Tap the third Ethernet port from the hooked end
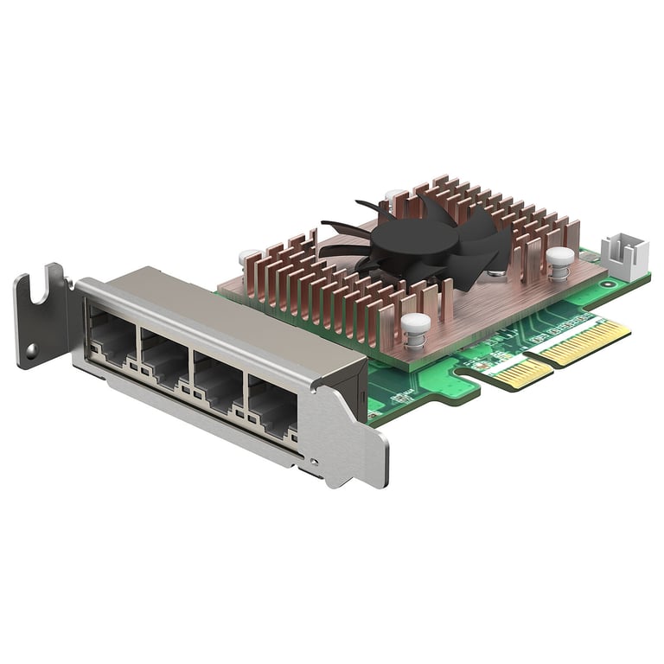coord(216,380)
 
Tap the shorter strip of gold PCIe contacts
coord(520,372)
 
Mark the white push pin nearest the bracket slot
coord(249,257)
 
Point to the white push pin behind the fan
coord(394,197)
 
